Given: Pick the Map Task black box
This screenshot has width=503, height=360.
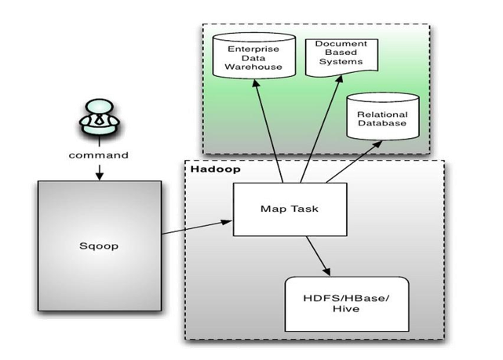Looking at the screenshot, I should point(277,209).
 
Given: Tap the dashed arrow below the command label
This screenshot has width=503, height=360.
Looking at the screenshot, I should point(97,171).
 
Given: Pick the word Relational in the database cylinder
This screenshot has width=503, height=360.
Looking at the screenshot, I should point(380,115).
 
